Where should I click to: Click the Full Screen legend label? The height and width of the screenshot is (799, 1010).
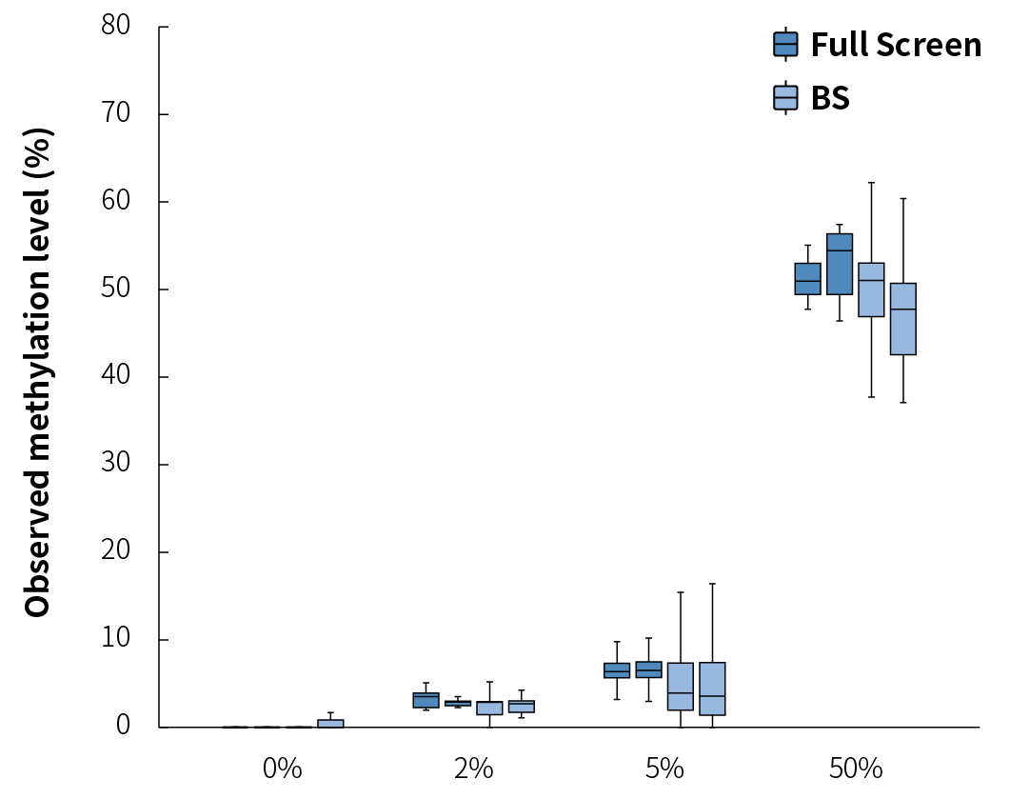(x=895, y=45)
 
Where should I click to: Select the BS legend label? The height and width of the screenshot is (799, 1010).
(x=830, y=98)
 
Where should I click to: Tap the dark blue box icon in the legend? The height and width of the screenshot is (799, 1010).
(x=785, y=45)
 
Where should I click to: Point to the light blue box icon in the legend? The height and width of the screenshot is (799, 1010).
(x=785, y=98)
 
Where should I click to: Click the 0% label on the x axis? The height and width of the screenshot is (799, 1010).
(x=282, y=769)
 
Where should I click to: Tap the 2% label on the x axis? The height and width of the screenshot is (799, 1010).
(x=473, y=769)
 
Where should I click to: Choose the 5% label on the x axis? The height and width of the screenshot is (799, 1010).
(x=664, y=769)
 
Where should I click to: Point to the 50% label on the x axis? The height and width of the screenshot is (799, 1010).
(x=855, y=769)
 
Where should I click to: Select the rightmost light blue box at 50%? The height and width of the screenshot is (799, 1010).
(x=902, y=319)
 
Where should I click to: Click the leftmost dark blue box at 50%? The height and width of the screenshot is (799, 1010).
(x=807, y=279)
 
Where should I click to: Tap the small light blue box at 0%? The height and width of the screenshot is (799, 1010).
(x=330, y=723)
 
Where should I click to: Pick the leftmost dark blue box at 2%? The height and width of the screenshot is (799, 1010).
(x=426, y=700)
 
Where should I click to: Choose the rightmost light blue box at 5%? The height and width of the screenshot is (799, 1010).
(x=712, y=689)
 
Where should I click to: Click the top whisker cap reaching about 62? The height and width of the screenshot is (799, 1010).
(x=871, y=182)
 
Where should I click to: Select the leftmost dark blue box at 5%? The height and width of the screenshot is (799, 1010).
(x=617, y=670)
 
